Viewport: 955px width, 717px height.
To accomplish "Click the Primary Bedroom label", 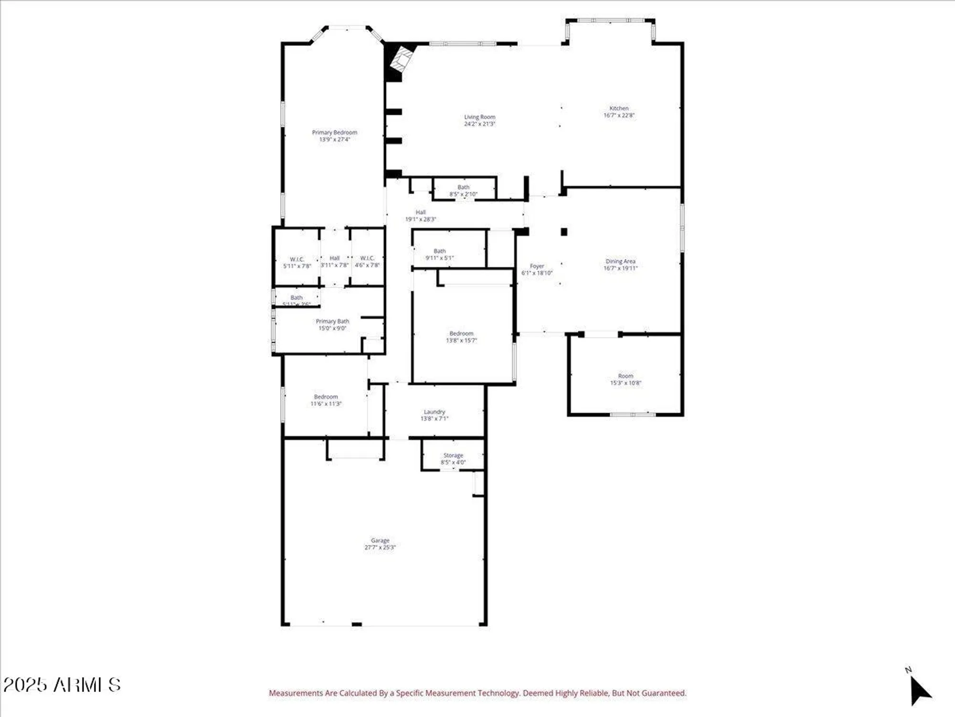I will (334, 132).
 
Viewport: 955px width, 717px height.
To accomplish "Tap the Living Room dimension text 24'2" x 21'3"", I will (479, 124).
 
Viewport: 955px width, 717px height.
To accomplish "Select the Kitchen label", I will (619, 108).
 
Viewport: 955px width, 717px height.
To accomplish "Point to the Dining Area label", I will (620, 261).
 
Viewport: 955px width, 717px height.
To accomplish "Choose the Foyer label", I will (537, 266).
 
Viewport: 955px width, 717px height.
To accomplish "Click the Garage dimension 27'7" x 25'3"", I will (380, 547).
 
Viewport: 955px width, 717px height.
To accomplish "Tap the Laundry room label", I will (435, 412).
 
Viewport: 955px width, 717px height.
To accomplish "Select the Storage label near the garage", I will (453, 455).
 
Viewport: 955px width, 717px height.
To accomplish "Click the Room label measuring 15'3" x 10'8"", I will (626, 376).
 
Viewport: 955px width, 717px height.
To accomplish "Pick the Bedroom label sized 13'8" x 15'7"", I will (461, 333).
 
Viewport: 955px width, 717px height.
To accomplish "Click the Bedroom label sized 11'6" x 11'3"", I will (326, 397).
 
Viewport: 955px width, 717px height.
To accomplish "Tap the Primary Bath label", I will (332, 321).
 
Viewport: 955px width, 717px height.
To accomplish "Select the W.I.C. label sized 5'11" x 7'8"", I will (297, 259).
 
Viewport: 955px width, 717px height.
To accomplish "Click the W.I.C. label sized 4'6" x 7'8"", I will (367, 258).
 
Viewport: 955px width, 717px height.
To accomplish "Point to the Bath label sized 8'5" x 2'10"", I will (463, 187).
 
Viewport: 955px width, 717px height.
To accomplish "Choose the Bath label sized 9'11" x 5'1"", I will (439, 251).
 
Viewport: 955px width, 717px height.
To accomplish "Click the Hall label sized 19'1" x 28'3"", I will (420, 212).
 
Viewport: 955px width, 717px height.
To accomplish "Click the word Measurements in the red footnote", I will (296, 693).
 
